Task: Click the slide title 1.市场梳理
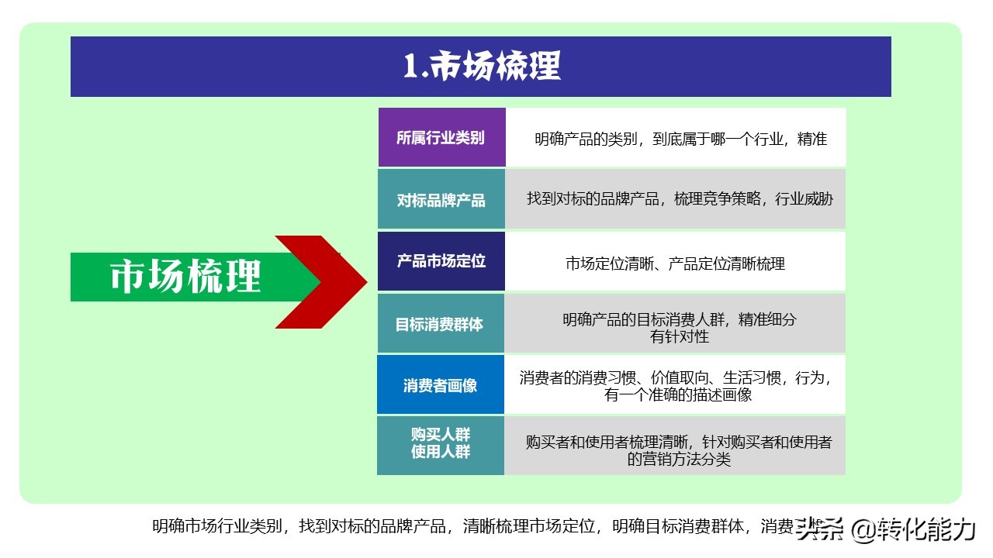(x=481, y=67)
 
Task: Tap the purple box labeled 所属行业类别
(x=441, y=138)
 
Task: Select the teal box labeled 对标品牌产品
(x=441, y=200)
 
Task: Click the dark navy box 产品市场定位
(x=441, y=261)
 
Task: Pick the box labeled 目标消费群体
(x=440, y=324)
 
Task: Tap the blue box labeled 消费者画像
(x=440, y=385)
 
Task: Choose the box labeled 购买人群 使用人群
(x=440, y=444)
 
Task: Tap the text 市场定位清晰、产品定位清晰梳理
(x=675, y=263)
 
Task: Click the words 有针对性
(x=680, y=336)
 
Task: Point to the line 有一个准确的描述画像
(x=678, y=394)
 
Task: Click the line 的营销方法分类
(x=679, y=459)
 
